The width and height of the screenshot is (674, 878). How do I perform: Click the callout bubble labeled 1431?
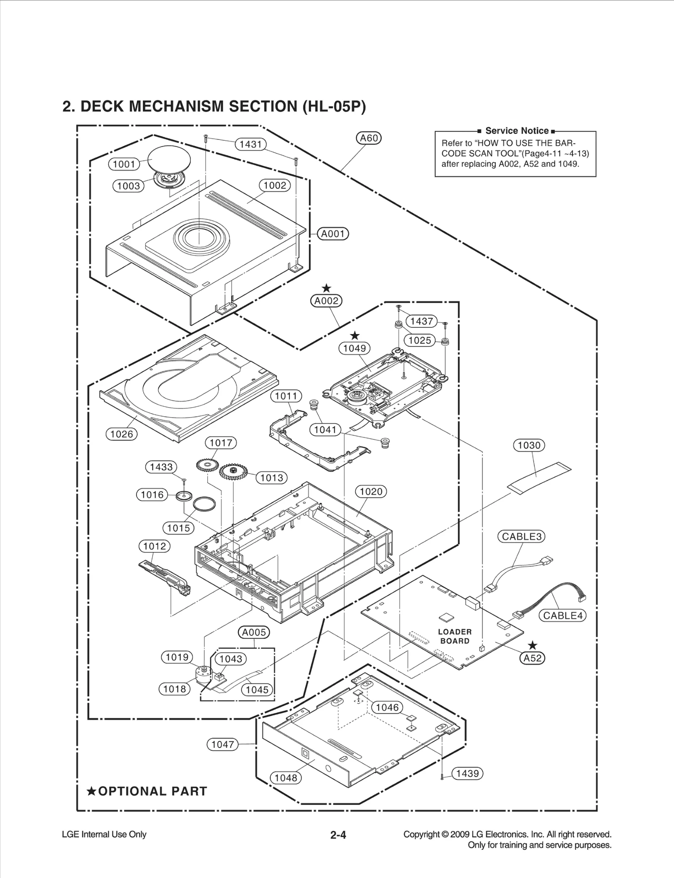(251, 145)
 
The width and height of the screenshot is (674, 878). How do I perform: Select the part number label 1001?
(124, 164)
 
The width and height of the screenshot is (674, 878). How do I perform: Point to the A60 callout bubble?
(369, 138)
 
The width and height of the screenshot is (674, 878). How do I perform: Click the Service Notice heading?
(517, 131)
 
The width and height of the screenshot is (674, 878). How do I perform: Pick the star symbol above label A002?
(326, 289)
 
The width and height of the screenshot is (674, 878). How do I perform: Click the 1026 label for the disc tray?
(121, 434)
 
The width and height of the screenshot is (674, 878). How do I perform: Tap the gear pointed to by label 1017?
(208, 465)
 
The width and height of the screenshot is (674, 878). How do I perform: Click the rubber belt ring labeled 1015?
(205, 504)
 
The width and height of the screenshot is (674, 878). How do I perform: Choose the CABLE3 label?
(521, 537)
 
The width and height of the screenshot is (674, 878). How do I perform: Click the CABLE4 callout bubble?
(562, 616)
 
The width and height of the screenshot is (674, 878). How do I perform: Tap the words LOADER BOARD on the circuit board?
(455, 637)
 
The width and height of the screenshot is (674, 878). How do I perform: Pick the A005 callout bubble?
(254, 632)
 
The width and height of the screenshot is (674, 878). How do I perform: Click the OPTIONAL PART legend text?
(147, 792)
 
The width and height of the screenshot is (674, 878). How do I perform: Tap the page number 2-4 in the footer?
(338, 835)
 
